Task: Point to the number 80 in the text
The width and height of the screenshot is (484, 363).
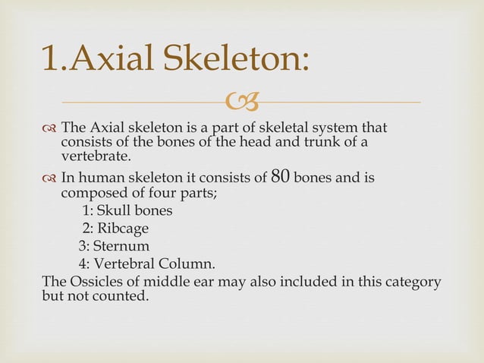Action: pos(280,176)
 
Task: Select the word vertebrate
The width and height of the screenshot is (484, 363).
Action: pos(96,156)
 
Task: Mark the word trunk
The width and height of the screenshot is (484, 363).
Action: pos(313,141)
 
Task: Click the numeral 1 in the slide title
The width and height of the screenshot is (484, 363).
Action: pos(51,58)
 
